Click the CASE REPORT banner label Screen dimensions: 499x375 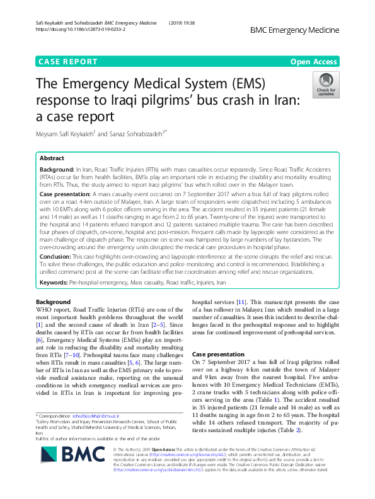68,62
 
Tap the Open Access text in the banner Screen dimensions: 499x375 314,62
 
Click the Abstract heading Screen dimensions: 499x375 52,158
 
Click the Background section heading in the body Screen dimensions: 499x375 54,302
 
